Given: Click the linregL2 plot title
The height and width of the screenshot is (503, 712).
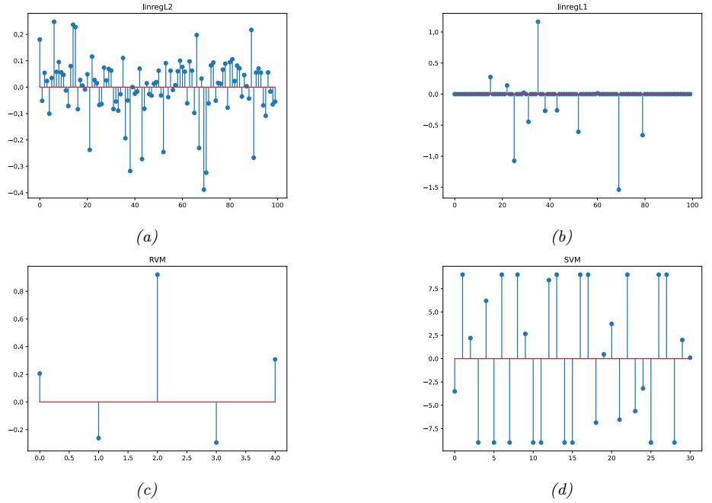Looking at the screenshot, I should click(158, 7).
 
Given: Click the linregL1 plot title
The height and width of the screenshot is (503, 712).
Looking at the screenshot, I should click(572, 7).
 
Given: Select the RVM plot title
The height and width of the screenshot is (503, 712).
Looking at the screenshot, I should click(158, 259).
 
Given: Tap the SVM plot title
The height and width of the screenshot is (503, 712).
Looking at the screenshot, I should click(572, 259).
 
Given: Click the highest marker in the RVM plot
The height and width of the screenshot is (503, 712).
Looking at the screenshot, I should click(158, 274).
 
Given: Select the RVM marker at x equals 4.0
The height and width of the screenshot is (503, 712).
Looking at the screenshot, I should click(275, 359).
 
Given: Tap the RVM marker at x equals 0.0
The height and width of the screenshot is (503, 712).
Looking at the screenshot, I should click(40, 373).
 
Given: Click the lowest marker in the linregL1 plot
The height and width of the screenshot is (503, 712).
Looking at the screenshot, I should click(618, 190).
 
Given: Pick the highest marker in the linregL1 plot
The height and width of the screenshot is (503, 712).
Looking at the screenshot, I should click(538, 21).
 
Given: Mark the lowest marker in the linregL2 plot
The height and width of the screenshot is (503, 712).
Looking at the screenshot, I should click(204, 190).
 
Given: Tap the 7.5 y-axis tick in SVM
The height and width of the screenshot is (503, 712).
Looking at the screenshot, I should click(433, 289).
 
